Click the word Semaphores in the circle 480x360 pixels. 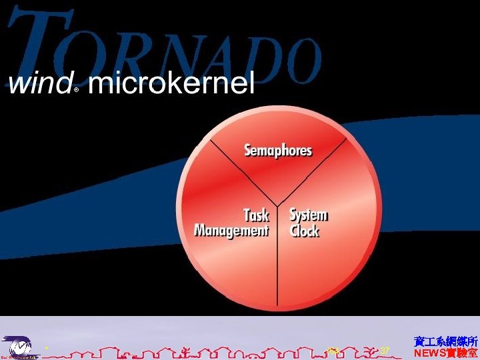click(278, 150)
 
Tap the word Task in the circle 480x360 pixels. click(256, 215)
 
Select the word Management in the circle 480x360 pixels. click(231, 231)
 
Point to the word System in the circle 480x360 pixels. click(308, 215)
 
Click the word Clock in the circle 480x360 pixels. click(304, 231)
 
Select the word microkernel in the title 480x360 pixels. click(171, 85)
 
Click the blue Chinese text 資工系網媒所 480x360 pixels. click(445, 341)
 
